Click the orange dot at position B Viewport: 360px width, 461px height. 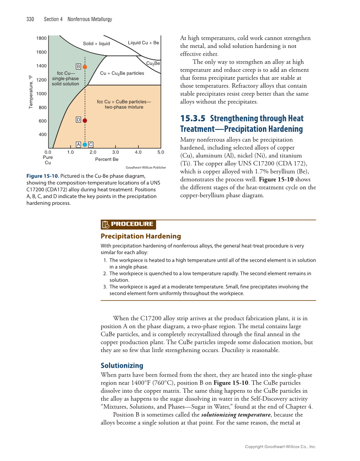pyautogui.click(x=85, y=67)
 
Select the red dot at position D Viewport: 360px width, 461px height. pyautogui.click(x=85, y=120)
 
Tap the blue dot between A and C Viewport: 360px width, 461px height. pyautogui.click(x=85, y=145)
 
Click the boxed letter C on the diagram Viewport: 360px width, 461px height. pyautogui.click(x=91, y=145)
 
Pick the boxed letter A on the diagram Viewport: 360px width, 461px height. pyautogui.click(x=78, y=145)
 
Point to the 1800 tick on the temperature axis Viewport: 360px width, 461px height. pyautogui.click(x=42, y=38)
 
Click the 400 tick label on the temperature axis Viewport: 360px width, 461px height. pyautogui.click(x=42, y=135)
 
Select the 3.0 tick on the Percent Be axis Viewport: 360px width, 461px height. pyautogui.click(x=115, y=152)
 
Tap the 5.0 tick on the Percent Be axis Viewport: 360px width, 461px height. pyautogui.click(x=160, y=152)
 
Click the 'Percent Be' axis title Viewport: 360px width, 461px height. pyautogui.click(x=107, y=159)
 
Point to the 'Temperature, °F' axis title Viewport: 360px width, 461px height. pyautogui.click(x=31, y=91)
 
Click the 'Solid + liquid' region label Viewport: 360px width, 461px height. pyautogui.click(x=96, y=44)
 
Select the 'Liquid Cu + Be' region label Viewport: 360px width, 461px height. pyautogui.click(x=143, y=43)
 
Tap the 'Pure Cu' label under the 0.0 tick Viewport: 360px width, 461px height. pyautogui.click(x=48, y=159)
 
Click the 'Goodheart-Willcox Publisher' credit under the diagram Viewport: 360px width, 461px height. pyautogui.click(x=146, y=168)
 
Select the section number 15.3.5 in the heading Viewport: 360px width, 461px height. pyautogui.click(x=193, y=119)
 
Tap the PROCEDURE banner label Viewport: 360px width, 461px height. pyautogui.click(x=132, y=224)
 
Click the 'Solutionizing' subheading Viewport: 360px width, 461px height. pyautogui.click(x=122, y=366)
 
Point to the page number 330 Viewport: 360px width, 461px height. pyautogui.click(x=30, y=19)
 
